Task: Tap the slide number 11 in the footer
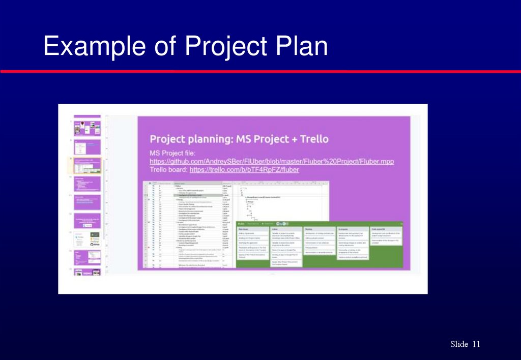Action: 476,344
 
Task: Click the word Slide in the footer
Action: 459,344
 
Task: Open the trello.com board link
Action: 244,170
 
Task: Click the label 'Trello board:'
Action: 168,170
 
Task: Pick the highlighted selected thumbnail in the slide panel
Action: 88,165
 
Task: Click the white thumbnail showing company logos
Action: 88,239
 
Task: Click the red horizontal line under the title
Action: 260,72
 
